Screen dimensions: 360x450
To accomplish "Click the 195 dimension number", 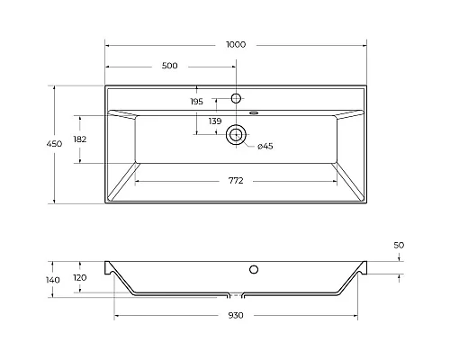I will [x=197, y=102].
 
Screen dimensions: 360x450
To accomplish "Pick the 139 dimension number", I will [x=215, y=121].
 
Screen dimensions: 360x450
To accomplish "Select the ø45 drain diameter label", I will [x=265, y=146].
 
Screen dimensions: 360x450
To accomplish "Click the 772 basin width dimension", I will [x=236, y=181].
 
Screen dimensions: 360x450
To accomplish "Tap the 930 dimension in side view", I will [x=236, y=315].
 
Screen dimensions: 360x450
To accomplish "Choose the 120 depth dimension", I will [x=80, y=278].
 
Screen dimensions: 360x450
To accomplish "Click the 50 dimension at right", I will [x=399, y=245].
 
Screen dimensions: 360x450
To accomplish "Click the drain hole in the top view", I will [x=237, y=134].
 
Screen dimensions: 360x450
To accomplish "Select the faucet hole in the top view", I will [x=237, y=97].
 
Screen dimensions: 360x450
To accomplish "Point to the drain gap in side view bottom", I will [x=237, y=294].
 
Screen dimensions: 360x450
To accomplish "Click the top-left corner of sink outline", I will [x=105, y=86].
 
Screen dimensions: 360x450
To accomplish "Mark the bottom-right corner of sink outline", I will [x=367, y=202].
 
